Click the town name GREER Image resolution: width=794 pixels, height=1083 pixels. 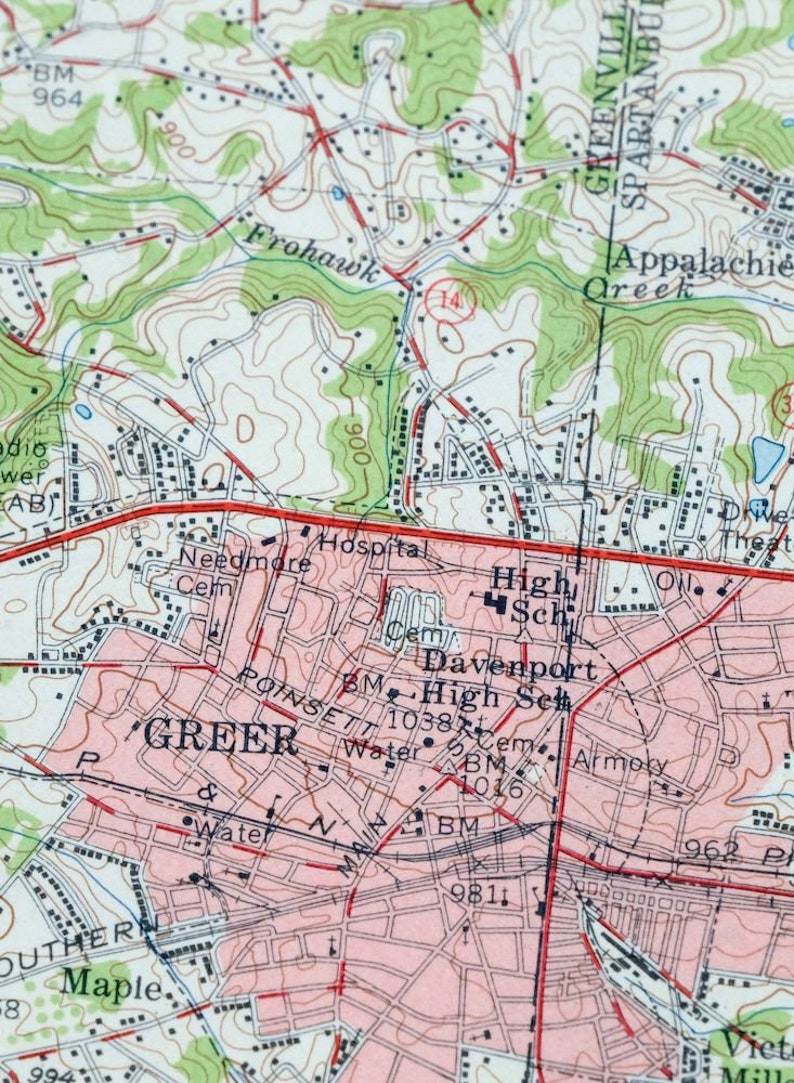click(x=221, y=739)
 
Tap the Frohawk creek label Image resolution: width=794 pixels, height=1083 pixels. click(x=313, y=253)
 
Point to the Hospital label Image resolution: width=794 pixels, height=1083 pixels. click(x=372, y=547)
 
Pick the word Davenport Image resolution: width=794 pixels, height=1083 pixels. click(x=509, y=664)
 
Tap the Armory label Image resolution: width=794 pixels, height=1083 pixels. click(x=619, y=762)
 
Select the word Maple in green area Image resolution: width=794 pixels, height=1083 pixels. click(x=111, y=986)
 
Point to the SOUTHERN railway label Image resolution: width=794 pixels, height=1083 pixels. click(x=78, y=953)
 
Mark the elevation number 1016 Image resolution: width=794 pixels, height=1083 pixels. click(x=493, y=789)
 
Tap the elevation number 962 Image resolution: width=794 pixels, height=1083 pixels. click(x=711, y=850)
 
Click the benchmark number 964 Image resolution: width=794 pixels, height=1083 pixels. click(x=57, y=97)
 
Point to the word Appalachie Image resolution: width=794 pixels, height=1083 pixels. click(x=701, y=258)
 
